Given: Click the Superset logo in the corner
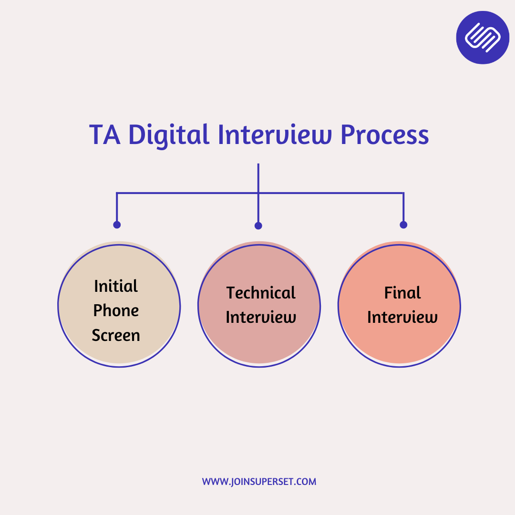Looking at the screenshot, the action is (x=483, y=38).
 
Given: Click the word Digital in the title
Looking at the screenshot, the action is (x=169, y=135).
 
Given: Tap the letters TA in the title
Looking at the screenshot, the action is (x=105, y=134).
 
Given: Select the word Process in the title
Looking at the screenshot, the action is (x=385, y=134).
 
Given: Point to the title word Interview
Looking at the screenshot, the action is (x=275, y=134).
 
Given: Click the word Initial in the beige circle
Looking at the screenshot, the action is (x=115, y=286).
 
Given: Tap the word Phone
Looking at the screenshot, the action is (x=116, y=310).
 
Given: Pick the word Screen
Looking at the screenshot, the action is (x=116, y=335).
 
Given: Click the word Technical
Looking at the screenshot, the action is (x=261, y=293).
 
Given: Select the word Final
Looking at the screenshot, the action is (x=402, y=293).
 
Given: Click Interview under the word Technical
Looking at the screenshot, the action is (x=261, y=317).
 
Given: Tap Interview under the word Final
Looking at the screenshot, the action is (x=402, y=317).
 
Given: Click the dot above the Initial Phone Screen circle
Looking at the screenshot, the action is (x=117, y=225).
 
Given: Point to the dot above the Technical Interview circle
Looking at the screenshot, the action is (x=258, y=226).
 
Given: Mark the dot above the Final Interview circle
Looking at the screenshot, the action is (x=404, y=225).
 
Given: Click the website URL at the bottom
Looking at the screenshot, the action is (x=259, y=482).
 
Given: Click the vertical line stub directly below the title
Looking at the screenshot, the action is (x=258, y=178).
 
